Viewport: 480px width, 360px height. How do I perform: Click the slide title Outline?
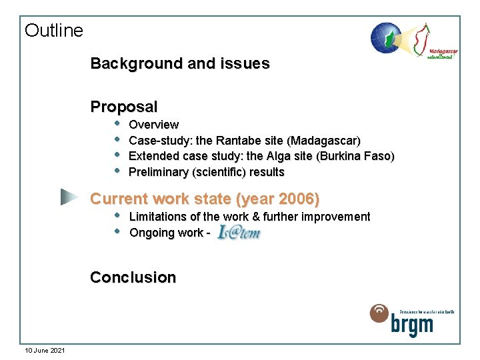[x=54, y=31]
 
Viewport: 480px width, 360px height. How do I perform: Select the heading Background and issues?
[x=180, y=64]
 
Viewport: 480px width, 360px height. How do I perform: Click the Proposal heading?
[x=124, y=107]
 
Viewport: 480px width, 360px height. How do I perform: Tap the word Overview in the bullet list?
[x=153, y=125]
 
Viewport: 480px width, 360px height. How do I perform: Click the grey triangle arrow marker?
[x=68, y=197]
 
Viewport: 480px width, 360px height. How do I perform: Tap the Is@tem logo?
[x=238, y=233]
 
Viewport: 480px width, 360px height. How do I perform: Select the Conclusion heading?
[x=133, y=277]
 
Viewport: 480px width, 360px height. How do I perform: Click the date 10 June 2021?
[x=45, y=350]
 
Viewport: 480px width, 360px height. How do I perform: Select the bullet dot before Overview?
[x=117, y=123]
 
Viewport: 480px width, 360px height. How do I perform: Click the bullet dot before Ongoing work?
[x=117, y=232]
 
